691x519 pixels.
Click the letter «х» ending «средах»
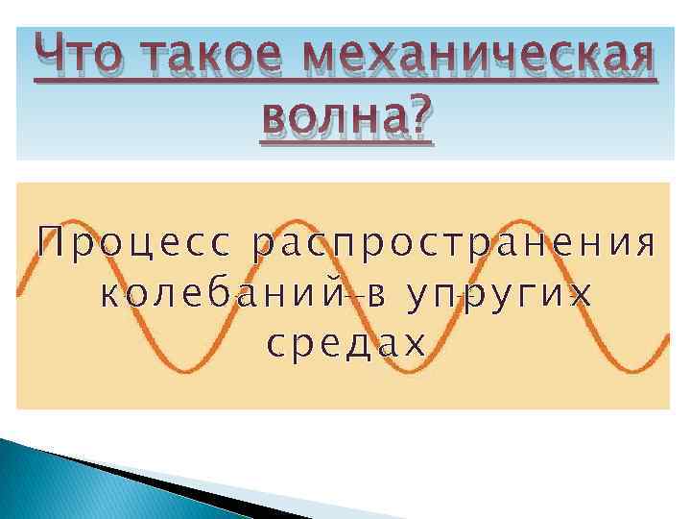pyautogui.click(x=414, y=342)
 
